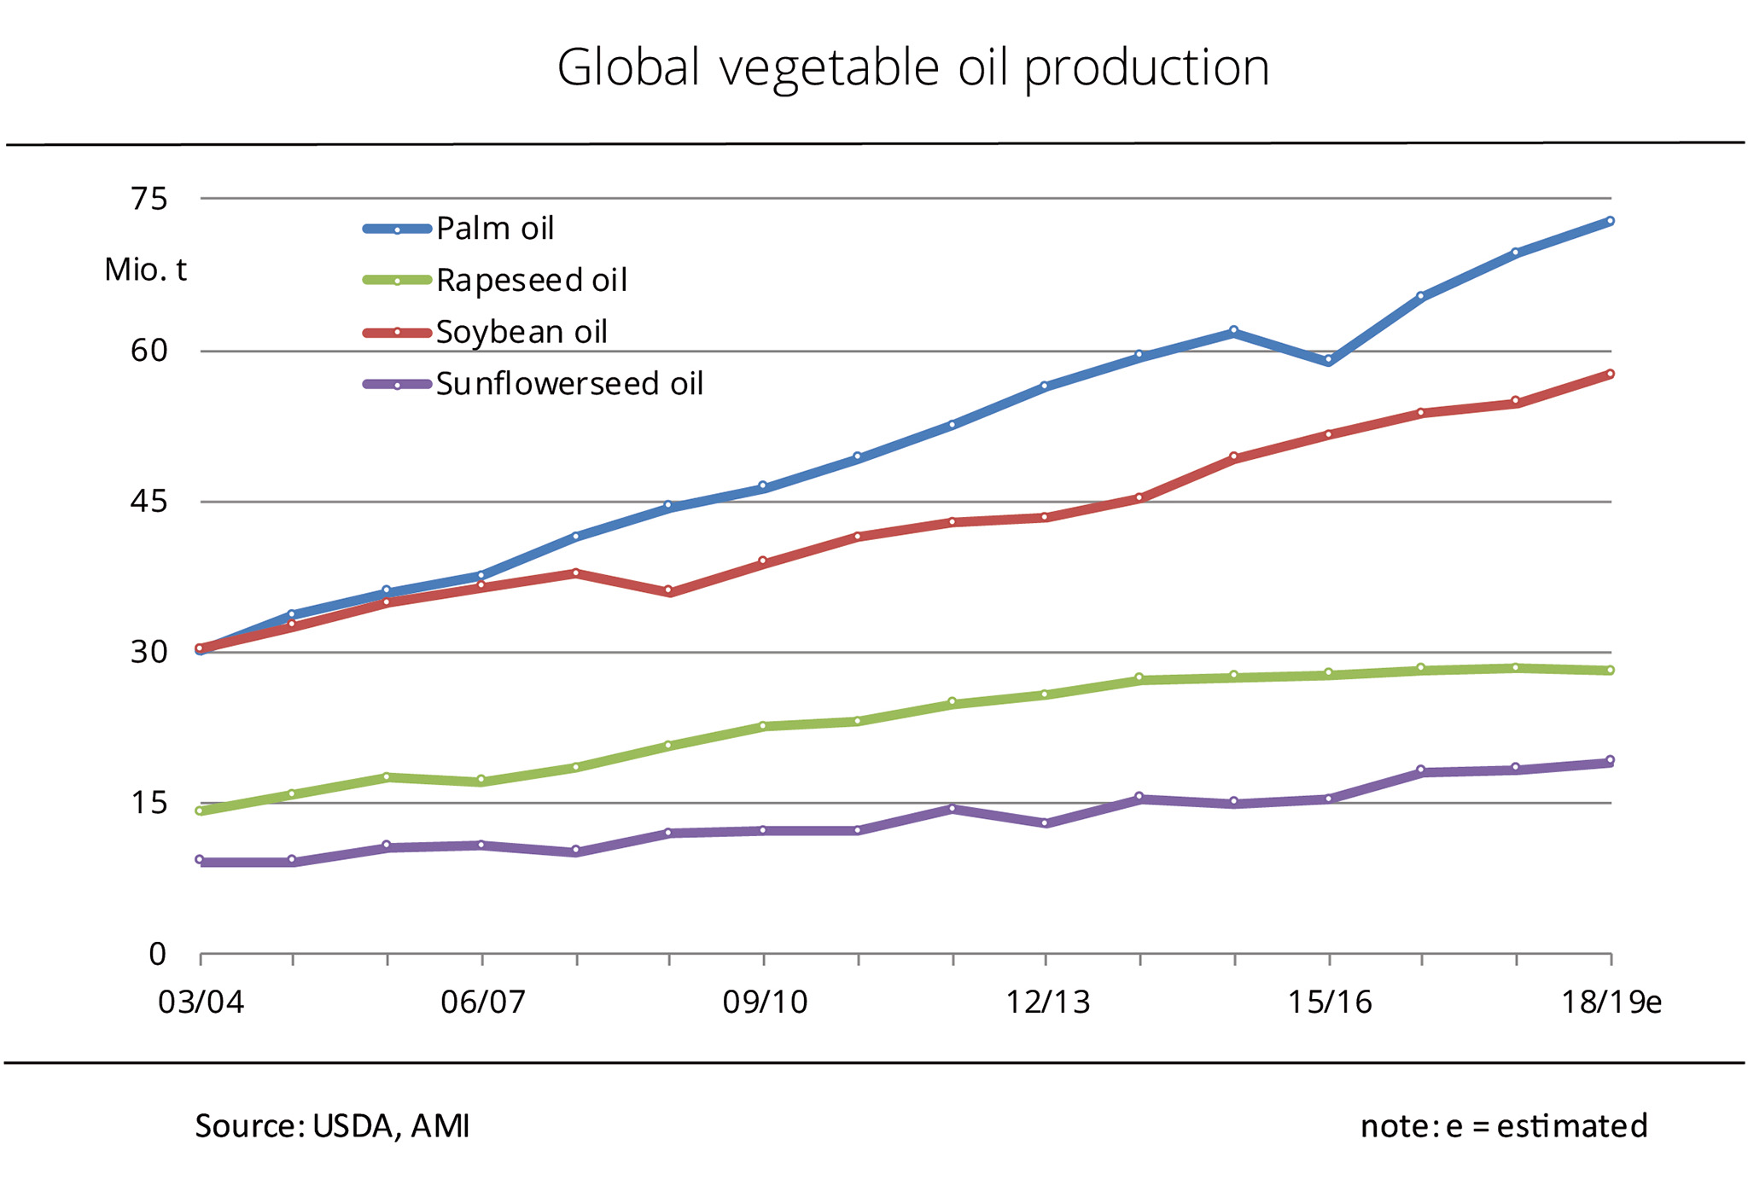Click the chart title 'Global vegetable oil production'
click(913, 68)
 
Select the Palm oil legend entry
click(459, 229)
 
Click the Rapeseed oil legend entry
click(496, 280)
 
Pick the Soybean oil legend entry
click(486, 332)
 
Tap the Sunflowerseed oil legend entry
click(533, 384)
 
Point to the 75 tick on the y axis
click(149, 199)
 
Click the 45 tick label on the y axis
click(149, 502)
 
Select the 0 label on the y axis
click(158, 954)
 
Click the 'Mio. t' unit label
click(145, 270)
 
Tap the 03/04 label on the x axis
click(201, 1002)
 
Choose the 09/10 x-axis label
click(765, 1002)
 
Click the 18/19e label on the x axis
click(1611, 1002)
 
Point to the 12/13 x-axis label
click(1047, 1002)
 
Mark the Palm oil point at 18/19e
click(1610, 221)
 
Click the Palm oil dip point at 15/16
click(1328, 361)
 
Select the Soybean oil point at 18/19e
click(1610, 374)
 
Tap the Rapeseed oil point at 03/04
click(200, 811)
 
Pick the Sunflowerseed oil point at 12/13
click(1046, 823)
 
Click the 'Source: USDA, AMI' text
click(332, 1126)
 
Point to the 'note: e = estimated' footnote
click(1504, 1126)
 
